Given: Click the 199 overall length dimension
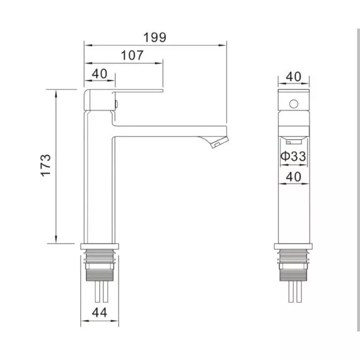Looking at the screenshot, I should click(x=155, y=37).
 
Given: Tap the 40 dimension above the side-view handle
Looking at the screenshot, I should click(x=99, y=74).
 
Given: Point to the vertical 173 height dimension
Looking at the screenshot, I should click(x=45, y=165).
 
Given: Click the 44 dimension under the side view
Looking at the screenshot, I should click(x=99, y=312).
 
